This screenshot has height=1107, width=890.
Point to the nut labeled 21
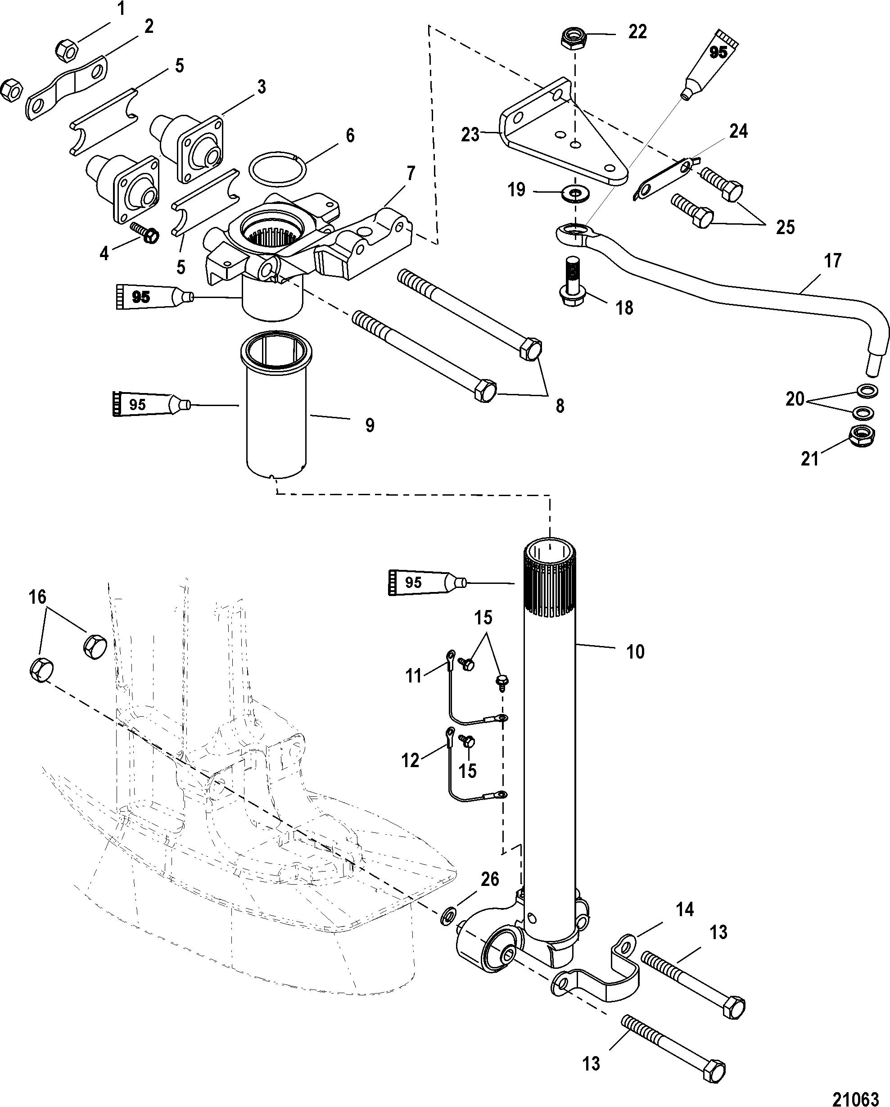click(863, 435)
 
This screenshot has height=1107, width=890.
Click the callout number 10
click(635, 652)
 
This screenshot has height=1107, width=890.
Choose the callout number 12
click(410, 760)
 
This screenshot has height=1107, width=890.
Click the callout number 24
click(738, 131)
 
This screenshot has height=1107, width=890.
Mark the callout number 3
click(262, 87)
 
